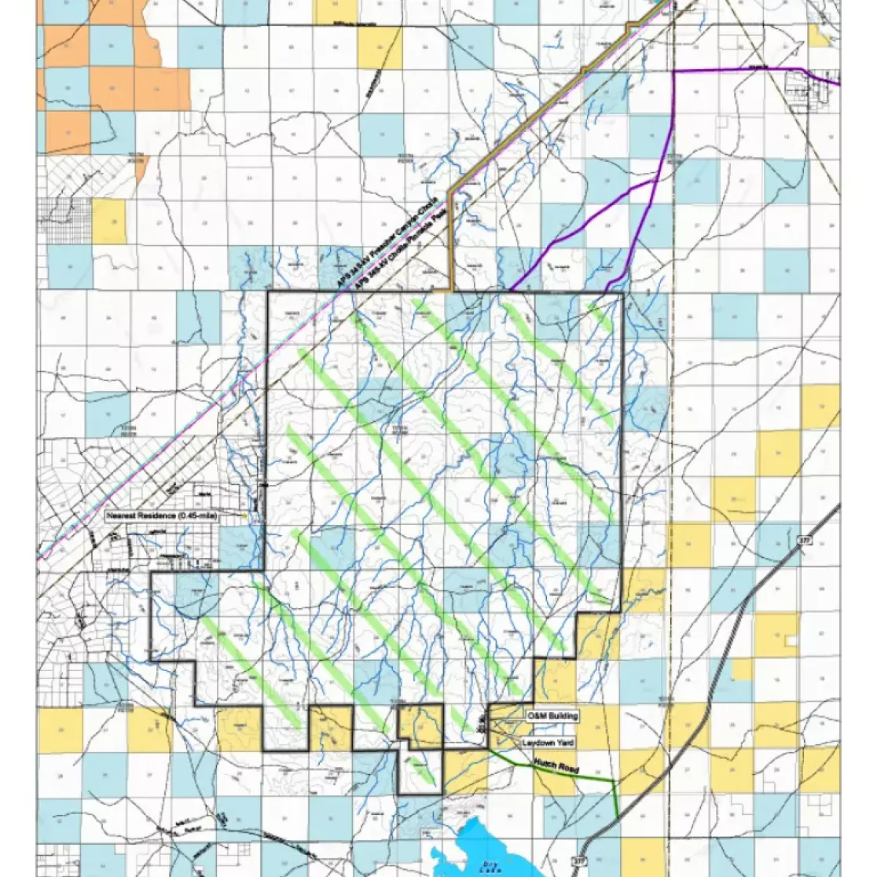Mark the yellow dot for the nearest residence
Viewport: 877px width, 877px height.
tap(247, 516)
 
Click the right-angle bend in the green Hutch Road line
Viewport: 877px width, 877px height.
tap(614, 782)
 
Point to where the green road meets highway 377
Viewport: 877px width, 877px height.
tap(618, 817)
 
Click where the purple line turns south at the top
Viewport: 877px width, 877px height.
tap(674, 72)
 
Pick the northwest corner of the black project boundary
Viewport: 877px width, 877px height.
tap(269, 292)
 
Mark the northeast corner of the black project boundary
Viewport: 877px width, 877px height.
tap(622, 293)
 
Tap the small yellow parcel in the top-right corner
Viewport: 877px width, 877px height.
tap(820, 35)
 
